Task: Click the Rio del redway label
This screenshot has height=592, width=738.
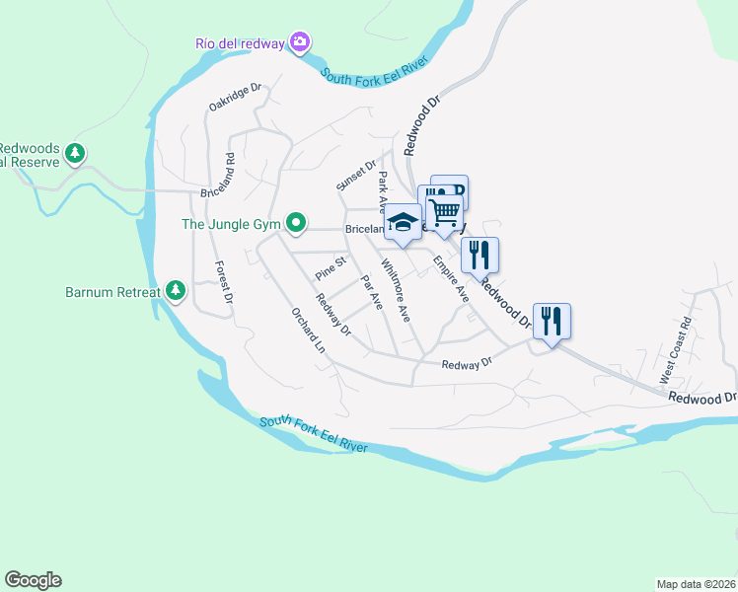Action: (240, 42)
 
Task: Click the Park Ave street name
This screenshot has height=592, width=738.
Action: (385, 188)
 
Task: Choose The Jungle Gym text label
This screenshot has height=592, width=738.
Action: (232, 224)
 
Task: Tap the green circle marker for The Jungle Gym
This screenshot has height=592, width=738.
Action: (295, 222)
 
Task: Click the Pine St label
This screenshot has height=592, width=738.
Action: (331, 266)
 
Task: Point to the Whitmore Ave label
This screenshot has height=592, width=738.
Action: (395, 291)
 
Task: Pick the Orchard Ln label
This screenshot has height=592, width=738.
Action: (307, 330)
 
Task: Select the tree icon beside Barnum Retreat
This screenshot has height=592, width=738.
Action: (176, 290)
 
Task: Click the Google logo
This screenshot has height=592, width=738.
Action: (33, 580)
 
